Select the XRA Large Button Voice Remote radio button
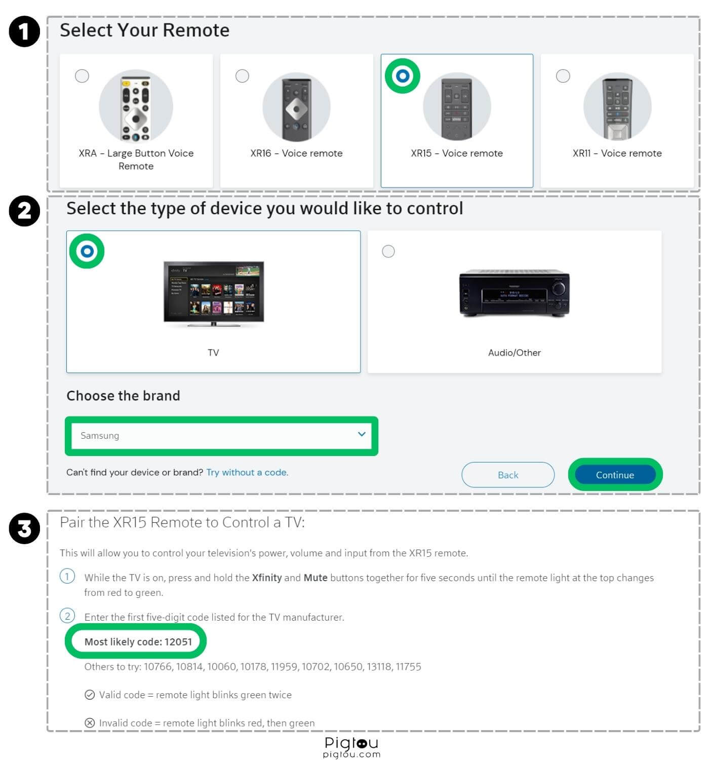82,76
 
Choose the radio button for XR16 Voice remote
243,76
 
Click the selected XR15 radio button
403,76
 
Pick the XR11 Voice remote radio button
563,76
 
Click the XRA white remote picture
136,107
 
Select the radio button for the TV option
87,251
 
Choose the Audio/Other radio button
388,251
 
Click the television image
214,293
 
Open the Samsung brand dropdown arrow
362,434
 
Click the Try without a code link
247,472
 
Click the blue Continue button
615,475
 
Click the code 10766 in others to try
158,667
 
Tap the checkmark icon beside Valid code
90,695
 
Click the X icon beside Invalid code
90,723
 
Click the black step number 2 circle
24,211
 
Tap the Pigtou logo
351,746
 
